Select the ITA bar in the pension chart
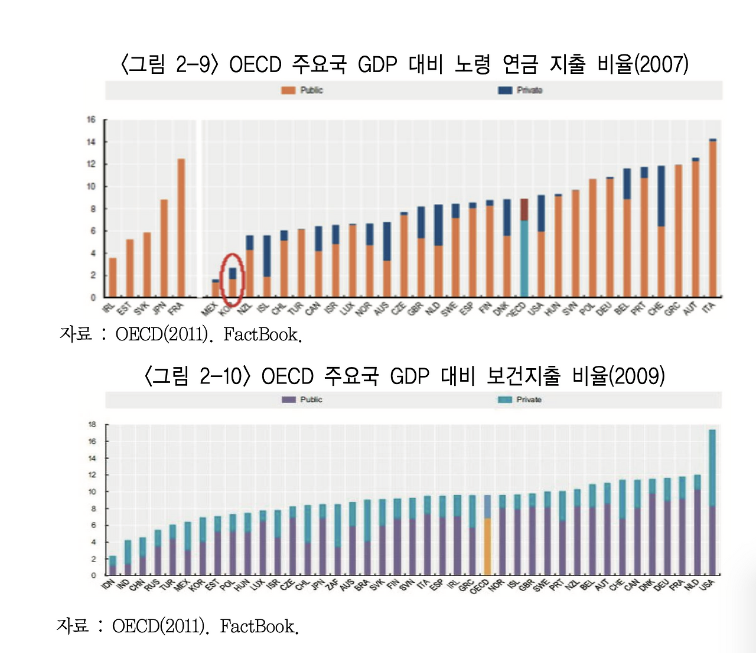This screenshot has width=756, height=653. tap(713, 219)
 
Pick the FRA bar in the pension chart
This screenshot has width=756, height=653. tap(181, 228)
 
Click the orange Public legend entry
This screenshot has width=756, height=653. tap(302, 90)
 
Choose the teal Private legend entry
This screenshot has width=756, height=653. tap(520, 400)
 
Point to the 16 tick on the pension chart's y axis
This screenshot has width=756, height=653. tap(91, 120)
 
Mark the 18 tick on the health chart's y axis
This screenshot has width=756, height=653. tap(92, 424)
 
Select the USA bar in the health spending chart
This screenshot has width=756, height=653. tap(712, 502)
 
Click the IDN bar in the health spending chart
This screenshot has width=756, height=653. tap(112, 566)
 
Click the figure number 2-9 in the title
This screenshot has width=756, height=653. tap(193, 64)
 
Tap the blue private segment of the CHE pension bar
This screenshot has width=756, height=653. tap(661, 196)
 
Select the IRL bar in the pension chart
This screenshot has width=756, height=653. tap(113, 277)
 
